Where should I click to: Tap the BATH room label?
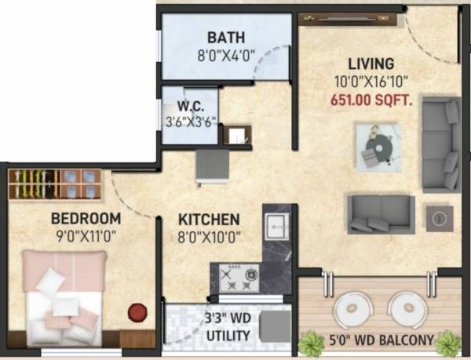(226, 37)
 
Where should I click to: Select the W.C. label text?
(191, 105)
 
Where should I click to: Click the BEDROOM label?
(86, 219)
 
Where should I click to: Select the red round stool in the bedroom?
(138, 312)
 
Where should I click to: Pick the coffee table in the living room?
(378, 146)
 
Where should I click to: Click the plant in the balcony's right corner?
(447, 343)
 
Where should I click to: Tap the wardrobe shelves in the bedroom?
(54, 184)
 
